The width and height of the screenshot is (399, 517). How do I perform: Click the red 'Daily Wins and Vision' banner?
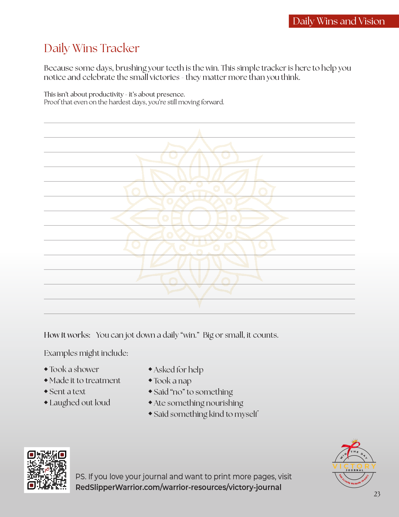point(344,21)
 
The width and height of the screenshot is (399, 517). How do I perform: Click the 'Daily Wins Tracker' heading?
point(92,48)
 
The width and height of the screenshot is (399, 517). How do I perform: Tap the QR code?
point(47,470)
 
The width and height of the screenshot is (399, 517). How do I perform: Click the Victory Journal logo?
point(354,464)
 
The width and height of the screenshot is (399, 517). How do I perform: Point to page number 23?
point(377,494)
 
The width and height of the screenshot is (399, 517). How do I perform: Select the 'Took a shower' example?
point(74,369)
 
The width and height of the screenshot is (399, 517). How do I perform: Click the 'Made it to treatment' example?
point(85,380)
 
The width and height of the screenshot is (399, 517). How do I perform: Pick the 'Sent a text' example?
point(67,391)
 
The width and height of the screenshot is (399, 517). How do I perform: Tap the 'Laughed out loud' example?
point(79,402)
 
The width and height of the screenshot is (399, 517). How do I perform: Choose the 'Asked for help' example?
point(178,369)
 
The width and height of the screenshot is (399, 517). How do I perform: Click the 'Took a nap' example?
point(172,381)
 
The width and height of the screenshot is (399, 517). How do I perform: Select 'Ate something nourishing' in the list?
point(198,403)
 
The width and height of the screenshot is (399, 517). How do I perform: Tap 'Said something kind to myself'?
point(206,414)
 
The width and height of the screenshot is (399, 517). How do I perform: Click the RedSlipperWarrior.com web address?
point(178,487)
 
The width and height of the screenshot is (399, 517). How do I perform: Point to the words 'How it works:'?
point(67,335)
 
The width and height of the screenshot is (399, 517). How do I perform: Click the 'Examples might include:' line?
point(86,353)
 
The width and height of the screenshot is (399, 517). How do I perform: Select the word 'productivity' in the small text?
point(106,94)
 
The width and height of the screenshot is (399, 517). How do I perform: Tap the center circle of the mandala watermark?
point(199,218)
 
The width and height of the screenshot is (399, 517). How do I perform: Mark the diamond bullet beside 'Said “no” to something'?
point(150,391)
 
